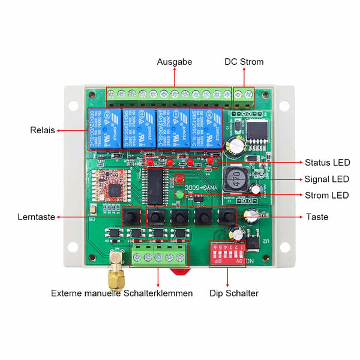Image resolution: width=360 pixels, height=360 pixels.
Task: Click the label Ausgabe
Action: tap(175, 62)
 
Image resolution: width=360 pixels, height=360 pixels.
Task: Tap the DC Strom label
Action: tap(244, 62)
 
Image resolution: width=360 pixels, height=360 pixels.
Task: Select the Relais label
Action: tap(42, 130)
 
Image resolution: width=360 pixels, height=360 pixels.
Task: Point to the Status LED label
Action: tap(327, 163)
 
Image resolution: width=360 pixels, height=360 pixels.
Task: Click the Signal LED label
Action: tap(327, 179)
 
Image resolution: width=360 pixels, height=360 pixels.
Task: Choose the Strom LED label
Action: tap(327, 195)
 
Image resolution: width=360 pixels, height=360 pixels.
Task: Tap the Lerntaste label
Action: tap(37, 217)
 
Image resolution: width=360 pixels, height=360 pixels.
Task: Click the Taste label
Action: tap(317, 217)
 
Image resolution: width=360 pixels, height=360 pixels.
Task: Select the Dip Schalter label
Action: tap(234, 293)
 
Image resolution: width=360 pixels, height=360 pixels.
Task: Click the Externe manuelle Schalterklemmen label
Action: tap(122, 293)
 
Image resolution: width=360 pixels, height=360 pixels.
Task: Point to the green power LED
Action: tap(179, 194)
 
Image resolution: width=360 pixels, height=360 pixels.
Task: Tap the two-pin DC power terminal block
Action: tap(244, 97)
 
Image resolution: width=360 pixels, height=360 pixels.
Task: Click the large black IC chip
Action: tap(157, 187)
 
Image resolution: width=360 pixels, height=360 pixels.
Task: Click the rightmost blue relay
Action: tap(206, 128)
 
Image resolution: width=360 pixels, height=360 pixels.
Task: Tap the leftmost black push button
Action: tap(131, 217)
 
